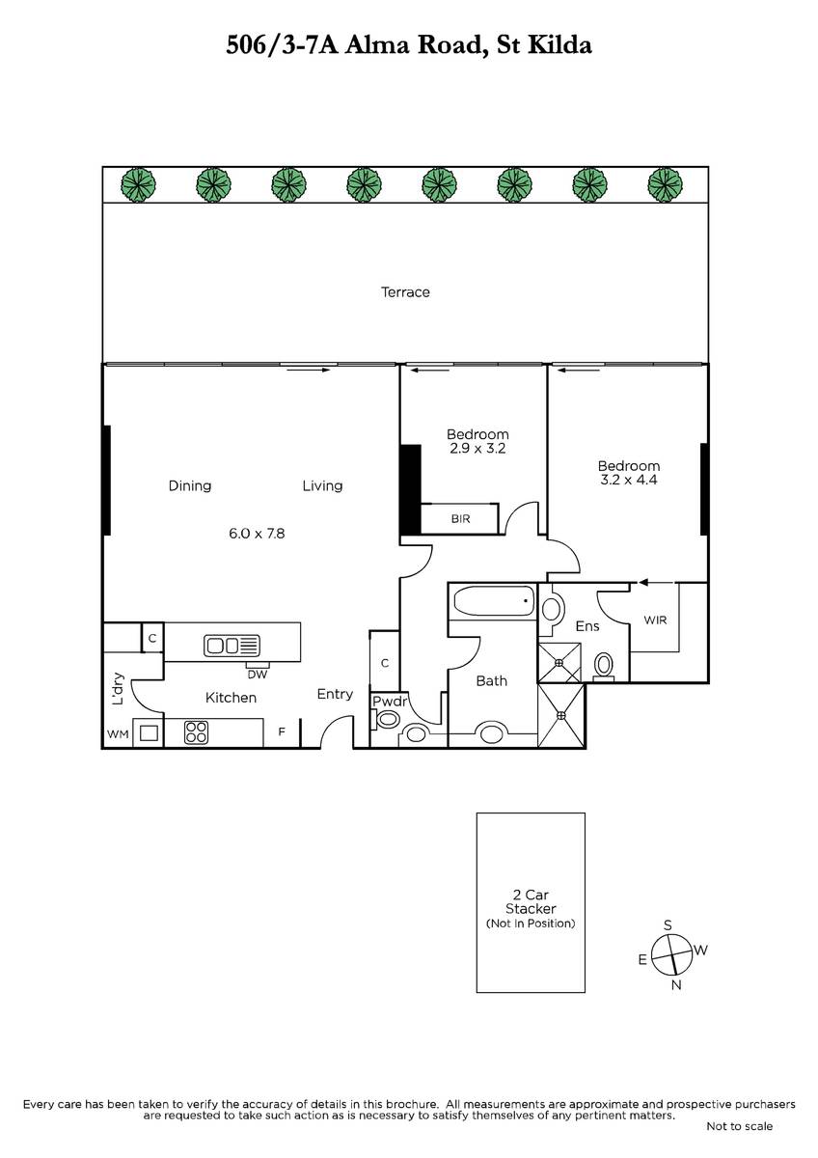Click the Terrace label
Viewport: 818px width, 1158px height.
(405, 292)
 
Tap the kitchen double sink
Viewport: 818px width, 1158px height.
(232, 646)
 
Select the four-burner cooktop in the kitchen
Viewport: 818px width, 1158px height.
(197, 732)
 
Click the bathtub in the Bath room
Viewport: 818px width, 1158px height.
(494, 601)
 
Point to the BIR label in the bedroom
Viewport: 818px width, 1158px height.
(460, 518)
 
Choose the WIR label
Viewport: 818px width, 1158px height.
(655, 620)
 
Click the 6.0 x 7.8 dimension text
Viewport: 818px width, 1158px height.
(257, 533)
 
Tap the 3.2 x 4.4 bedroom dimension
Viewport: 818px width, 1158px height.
(628, 480)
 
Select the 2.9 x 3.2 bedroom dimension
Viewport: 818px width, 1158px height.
(477, 448)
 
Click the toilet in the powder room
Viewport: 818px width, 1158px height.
(387, 719)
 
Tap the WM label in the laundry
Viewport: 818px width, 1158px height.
(118, 734)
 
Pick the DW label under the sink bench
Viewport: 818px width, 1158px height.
(257, 675)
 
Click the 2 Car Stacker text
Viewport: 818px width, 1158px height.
(531, 901)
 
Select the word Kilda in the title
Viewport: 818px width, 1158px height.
(559, 45)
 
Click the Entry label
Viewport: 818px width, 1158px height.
(335, 694)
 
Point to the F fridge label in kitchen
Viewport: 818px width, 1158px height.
(282, 731)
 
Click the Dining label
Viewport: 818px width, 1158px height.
(190, 486)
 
